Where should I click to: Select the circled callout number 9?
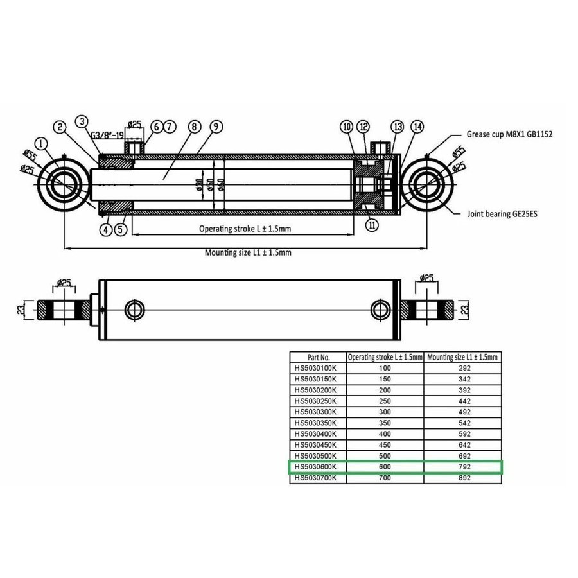215,127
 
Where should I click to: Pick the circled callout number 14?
417,127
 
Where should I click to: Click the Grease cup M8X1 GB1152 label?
510,135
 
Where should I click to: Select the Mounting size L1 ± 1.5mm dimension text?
248,252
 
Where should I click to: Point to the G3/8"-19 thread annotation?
107,136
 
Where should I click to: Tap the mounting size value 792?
464,467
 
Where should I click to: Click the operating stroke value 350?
384,423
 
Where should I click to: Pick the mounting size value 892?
464,478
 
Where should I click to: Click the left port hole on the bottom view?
135,310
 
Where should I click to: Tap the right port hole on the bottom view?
379,310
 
